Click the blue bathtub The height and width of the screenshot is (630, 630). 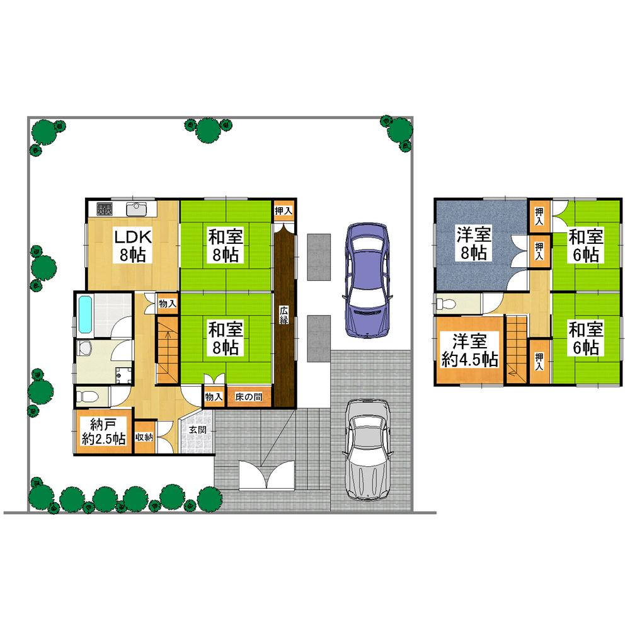point(86,314)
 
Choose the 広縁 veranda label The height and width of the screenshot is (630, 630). point(285,315)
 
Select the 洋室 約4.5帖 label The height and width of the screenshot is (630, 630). point(469,351)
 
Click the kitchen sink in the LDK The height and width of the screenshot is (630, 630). point(136,209)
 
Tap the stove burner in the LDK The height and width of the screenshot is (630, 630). point(105,209)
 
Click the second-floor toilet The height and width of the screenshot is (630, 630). point(445,304)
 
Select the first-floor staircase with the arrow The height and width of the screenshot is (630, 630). point(168,350)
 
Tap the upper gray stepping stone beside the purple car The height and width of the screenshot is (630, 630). point(319,257)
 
